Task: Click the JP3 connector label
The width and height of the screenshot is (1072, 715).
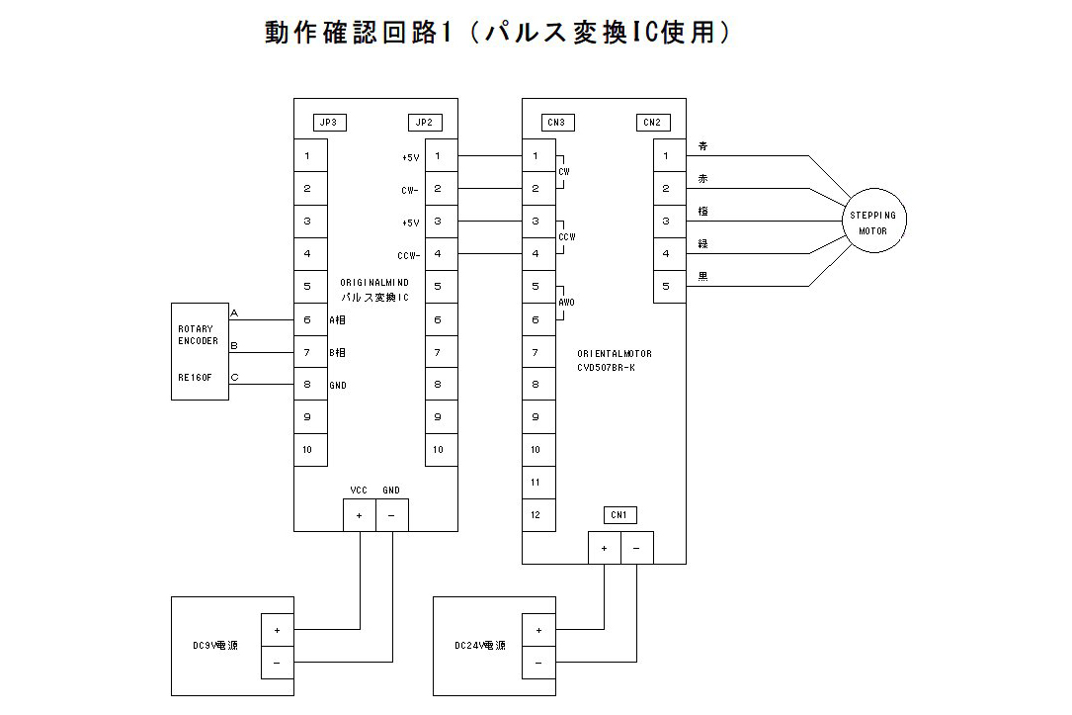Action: coord(327,124)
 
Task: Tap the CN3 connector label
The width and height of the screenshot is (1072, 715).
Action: coord(555,124)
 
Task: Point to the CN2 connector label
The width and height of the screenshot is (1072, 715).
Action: coord(652,124)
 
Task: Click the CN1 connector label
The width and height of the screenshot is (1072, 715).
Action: coord(619,515)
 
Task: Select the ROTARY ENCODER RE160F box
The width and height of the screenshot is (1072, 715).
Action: coord(200,351)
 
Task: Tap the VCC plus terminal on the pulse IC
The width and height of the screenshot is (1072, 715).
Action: coord(359,515)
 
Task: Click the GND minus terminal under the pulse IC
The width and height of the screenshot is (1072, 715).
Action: coord(391,515)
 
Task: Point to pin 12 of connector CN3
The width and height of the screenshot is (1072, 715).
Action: coord(536,514)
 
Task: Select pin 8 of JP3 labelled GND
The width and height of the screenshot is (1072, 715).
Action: coord(308,385)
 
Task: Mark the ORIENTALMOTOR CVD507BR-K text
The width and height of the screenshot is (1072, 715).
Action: coord(615,360)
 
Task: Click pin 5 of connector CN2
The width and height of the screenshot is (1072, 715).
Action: coord(667,287)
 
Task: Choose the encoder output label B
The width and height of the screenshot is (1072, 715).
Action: coord(234,345)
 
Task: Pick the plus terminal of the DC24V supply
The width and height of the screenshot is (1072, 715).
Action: coord(538,630)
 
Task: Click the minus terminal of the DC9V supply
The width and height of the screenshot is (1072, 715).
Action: coord(277,663)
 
